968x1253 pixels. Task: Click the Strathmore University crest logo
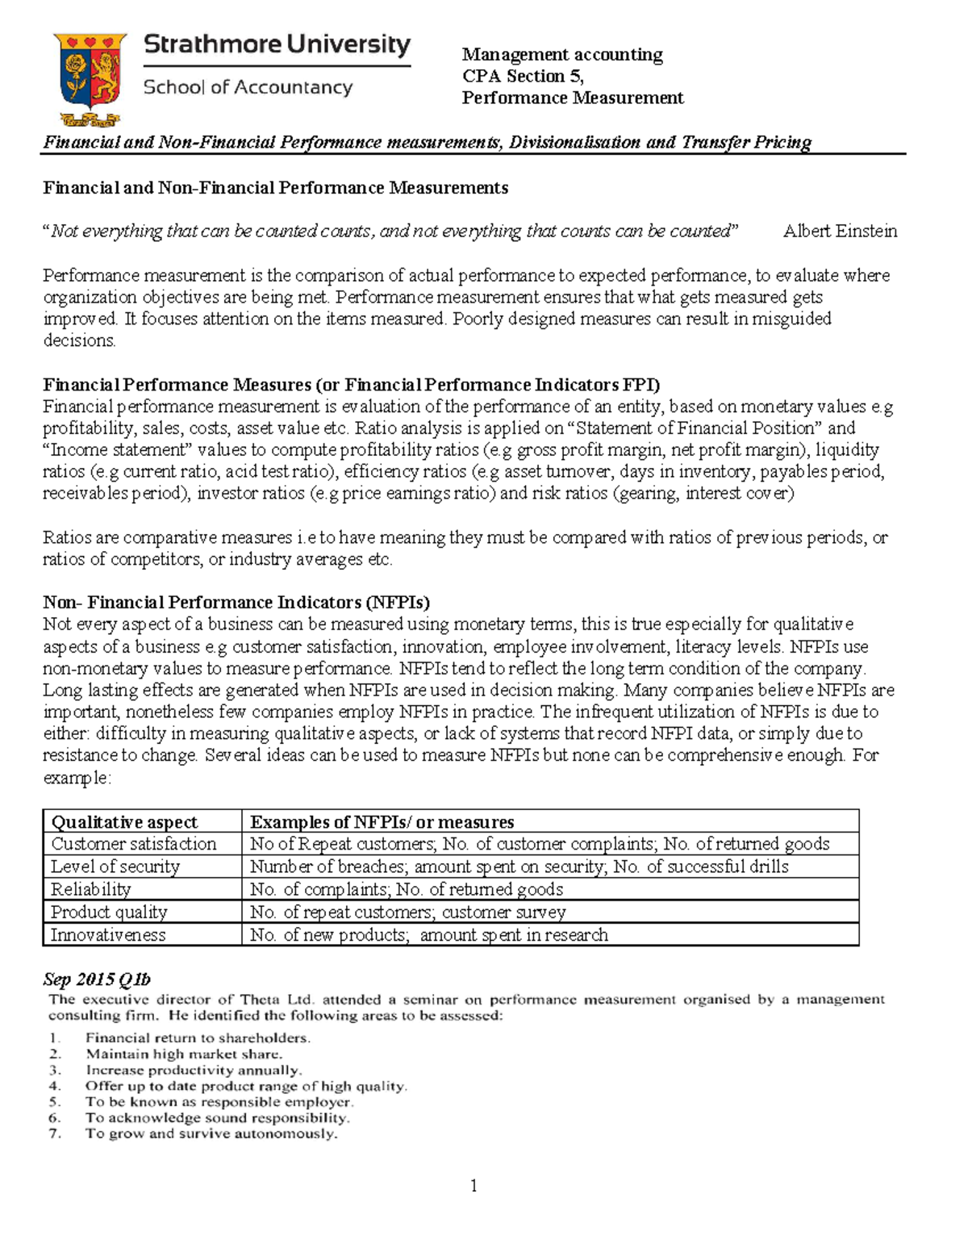click(89, 79)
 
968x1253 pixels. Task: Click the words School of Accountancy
click(248, 87)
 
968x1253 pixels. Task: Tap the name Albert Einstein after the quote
click(840, 232)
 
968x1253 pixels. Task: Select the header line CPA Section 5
click(522, 76)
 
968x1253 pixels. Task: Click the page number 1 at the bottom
click(474, 1185)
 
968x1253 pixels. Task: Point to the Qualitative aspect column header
click(124, 821)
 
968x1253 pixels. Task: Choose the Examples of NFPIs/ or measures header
click(382, 821)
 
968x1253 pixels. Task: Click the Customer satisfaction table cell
click(134, 844)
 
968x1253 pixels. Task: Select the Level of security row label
click(115, 867)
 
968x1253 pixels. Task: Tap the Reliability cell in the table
click(91, 889)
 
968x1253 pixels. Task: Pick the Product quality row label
click(109, 912)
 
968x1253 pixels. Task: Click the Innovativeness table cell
click(108, 934)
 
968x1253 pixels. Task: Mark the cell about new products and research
click(428, 934)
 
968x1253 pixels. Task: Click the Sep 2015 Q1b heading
click(97, 979)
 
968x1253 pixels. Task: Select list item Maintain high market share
click(184, 1054)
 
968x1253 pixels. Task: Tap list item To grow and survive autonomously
click(211, 1134)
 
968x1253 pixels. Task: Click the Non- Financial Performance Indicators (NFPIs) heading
click(236, 603)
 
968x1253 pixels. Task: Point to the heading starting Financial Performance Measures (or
click(351, 384)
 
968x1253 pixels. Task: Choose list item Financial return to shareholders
click(198, 1038)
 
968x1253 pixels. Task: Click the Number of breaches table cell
click(519, 867)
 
